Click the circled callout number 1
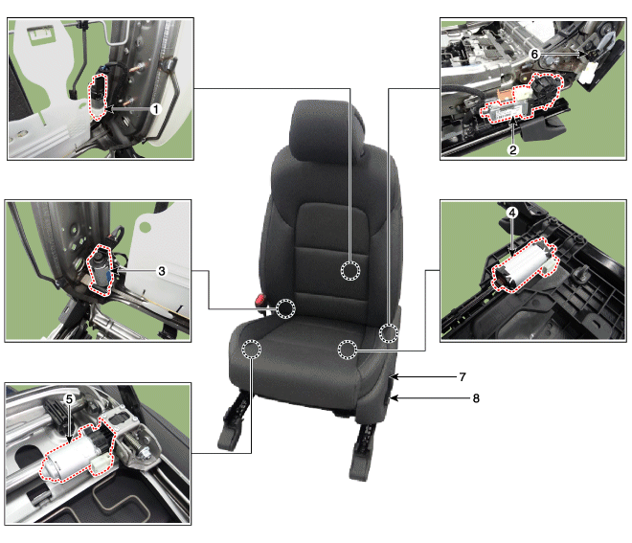(x=155, y=108)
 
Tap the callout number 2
(x=512, y=150)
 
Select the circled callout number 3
(x=162, y=271)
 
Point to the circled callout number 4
(x=512, y=213)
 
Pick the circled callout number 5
(x=69, y=399)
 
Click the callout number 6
(x=534, y=54)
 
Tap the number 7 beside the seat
(x=463, y=377)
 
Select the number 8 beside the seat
(x=476, y=398)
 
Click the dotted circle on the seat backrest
(x=350, y=270)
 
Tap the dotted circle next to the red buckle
(x=285, y=308)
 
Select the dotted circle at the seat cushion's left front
(x=251, y=349)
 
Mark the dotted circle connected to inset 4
(x=347, y=350)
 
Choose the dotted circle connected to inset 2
(x=389, y=333)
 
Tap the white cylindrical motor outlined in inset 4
(x=524, y=264)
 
